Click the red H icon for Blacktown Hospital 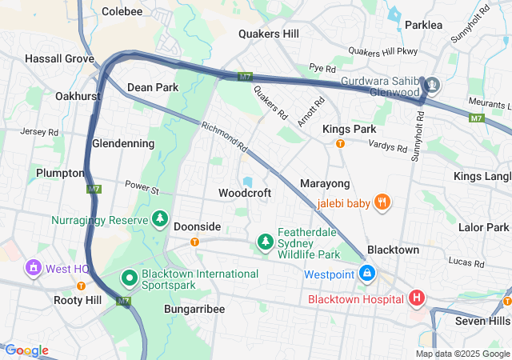pos(416,298)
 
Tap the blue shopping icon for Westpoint pos(366,274)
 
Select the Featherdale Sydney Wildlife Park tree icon pos(265,240)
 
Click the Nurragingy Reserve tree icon pos(160,219)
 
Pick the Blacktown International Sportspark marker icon pos(129,278)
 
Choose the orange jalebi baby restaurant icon pos(383,202)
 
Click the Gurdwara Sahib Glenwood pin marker pos(432,84)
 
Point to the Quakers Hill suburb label pos(269,34)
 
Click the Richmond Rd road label pos(225,138)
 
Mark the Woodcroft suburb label pos(245,193)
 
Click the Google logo pos(26,350)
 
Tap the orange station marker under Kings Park pos(340,144)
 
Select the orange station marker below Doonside pos(194,242)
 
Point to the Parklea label pos(423,25)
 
